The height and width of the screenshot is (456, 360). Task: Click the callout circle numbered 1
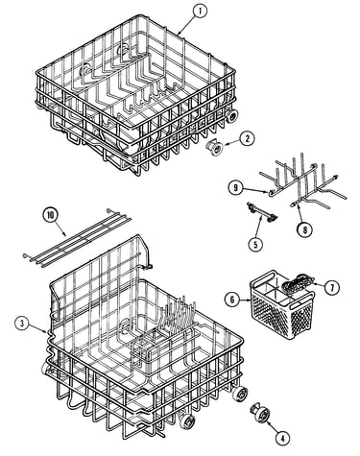200,12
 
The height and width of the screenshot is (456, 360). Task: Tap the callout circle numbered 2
247,138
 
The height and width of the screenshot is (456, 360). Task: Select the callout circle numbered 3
22,324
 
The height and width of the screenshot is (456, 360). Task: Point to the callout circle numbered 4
282,438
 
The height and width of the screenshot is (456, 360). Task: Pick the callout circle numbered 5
255,244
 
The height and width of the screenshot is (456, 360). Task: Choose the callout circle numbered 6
232,300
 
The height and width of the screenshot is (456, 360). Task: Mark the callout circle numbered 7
331,288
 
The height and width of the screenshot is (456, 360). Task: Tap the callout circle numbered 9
236,188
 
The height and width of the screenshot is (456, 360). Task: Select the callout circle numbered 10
51,215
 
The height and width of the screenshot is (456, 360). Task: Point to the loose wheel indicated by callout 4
261,417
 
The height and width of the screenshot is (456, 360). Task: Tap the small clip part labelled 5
262,212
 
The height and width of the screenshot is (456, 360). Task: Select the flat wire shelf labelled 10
77,236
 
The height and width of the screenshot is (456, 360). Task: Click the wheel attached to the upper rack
231,115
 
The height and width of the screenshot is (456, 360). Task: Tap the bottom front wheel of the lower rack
188,420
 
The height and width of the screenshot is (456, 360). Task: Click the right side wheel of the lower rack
240,394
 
